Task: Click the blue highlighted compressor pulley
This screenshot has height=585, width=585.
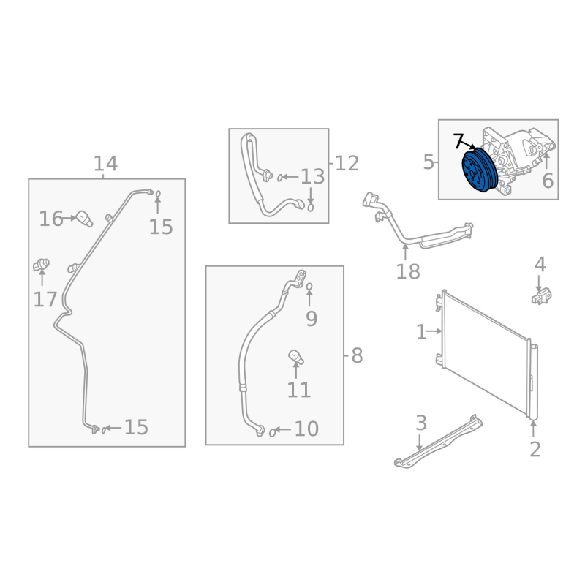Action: (x=480, y=170)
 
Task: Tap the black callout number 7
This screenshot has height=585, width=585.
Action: (x=459, y=141)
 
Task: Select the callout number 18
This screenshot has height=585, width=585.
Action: (x=408, y=271)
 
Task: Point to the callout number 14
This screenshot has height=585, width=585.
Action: (x=105, y=163)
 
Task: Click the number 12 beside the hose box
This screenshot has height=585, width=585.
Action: (x=347, y=163)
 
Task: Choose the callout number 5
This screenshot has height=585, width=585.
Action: (x=429, y=162)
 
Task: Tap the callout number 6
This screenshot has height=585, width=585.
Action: (x=547, y=181)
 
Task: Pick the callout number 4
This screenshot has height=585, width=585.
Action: (x=540, y=265)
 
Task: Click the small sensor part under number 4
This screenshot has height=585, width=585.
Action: (x=541, y=297)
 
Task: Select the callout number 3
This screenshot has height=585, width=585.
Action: (x=421, y=423)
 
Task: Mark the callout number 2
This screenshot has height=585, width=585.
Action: (x=535, y=449)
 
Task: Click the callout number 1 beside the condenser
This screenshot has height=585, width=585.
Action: (x=421, y=332)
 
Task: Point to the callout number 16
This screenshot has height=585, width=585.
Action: (x=51, y=219)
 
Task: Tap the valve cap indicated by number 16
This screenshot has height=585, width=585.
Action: (x=84, y=219)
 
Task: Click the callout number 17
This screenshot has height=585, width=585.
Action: (x=45, y=299)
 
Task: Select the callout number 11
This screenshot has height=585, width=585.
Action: (x=299, y=390)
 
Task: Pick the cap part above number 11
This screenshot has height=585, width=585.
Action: (x=296, y=357)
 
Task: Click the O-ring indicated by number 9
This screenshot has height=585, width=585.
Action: (x=309, y=287)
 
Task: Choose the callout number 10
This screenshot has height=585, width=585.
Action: (x=306, y=429)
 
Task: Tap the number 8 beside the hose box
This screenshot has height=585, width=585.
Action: (x=357, y=355)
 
